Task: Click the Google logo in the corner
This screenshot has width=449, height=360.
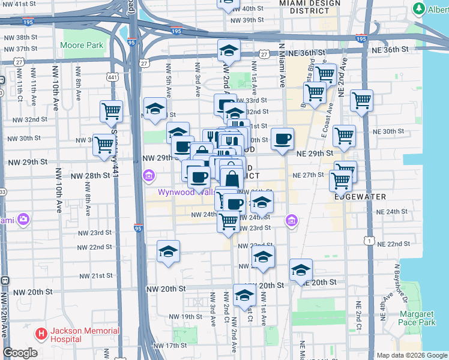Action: point(20,353)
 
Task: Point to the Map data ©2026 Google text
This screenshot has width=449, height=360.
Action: point(411,355)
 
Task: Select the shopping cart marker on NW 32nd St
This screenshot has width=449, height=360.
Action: point(112,111)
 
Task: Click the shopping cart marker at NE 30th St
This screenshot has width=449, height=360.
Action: point(344,136)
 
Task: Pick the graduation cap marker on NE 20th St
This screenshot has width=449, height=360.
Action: point(301,271)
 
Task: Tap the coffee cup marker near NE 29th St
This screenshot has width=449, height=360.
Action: point(282,140)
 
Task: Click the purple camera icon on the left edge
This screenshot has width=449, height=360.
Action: point(23,220)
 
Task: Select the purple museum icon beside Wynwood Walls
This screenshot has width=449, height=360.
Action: point(148,176)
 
